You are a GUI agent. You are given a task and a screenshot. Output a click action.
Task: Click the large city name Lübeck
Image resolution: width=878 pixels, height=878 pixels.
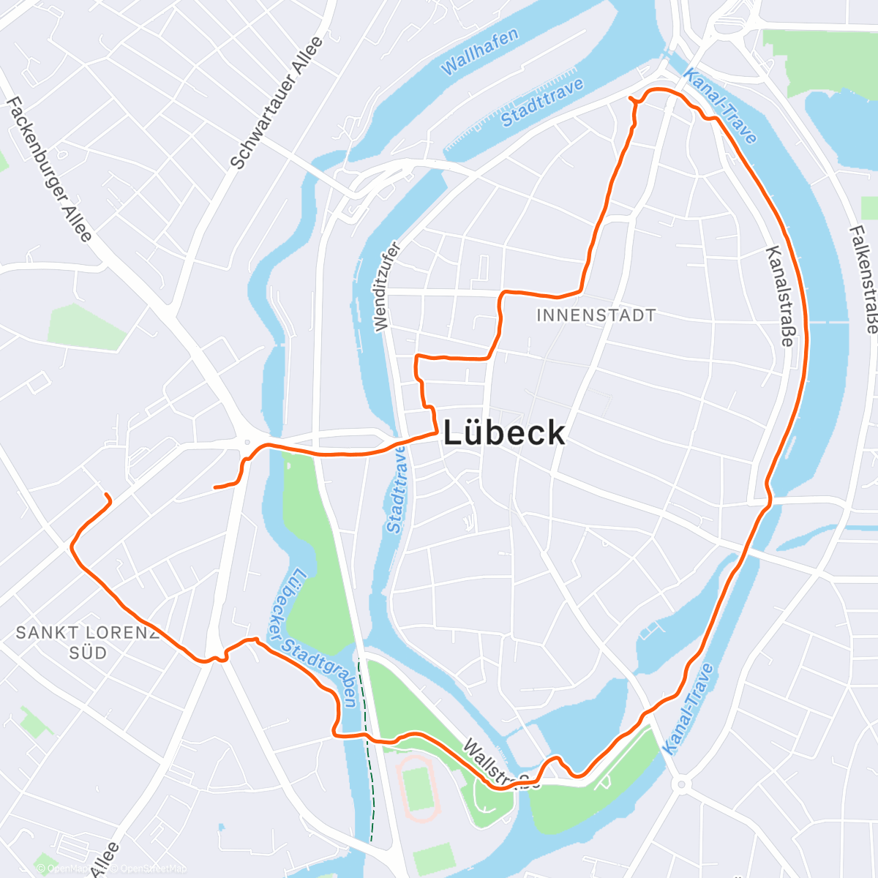pyautogui.click(x=505, y=433)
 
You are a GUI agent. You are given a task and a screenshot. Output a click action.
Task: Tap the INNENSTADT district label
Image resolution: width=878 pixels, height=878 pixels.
pyautogui.click(x=596, y=315)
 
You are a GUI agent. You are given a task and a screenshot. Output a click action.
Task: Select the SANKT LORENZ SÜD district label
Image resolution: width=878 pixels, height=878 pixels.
pyautogui.click(x=88, y=642)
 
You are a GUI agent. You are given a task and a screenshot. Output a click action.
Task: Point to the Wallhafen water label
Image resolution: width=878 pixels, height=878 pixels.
pyautogui.click(x=480, y=52)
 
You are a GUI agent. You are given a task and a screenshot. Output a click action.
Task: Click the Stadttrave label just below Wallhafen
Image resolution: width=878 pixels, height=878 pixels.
pyautogui.click(x=542, y=102)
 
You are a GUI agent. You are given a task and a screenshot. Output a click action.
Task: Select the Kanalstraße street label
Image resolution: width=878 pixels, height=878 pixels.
pyautogui.click(x=779, y=296)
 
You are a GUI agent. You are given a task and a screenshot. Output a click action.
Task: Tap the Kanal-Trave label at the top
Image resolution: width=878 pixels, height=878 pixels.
pyautogui.click(x=720, y=106)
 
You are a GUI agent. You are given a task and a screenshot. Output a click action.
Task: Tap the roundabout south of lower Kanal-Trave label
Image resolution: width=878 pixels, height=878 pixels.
pyautogui.click(x=682, y=785)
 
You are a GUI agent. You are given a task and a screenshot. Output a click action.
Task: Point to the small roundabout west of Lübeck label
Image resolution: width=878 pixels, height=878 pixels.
pyautogui.click(x=247, y=442)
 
